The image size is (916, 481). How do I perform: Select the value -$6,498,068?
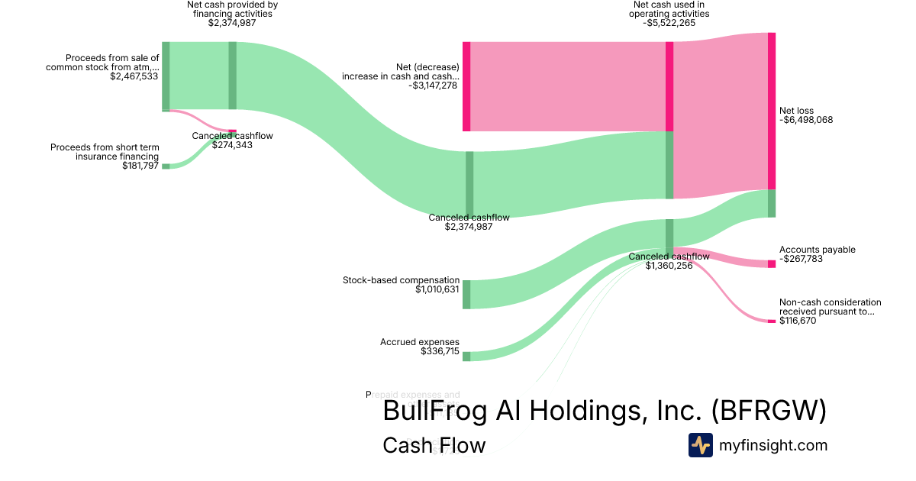click(x=806, y=120)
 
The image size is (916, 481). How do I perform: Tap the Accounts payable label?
click(x=817, y=250)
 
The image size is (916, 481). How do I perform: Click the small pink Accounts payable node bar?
click(x=771, y=263)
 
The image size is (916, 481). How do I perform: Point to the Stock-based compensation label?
click(x=401, y=280)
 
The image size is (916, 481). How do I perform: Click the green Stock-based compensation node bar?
click(x=466, y=294)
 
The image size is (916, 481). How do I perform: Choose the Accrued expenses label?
click(x=420, y=342)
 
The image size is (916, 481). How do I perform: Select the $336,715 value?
click(x=440, y=351)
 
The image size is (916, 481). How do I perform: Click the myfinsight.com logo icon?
click(x=700, y=445)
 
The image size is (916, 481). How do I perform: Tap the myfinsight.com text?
click(x=773, y=445)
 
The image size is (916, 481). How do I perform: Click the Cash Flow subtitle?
click(x=434, y=445)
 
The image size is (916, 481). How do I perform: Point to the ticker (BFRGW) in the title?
click(x=768, y=411)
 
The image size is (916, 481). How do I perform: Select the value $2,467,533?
click(x=134, y=76)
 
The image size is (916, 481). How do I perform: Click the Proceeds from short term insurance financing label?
click(x=105, y=152)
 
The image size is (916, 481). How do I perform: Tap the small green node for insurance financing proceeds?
click(x=165, y=166)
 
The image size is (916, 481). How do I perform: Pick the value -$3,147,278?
click(x=434, y=86)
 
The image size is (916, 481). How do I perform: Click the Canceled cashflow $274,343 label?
click(x=232, y=140)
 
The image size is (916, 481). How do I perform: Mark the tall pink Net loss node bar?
click(x=772, y=111)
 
